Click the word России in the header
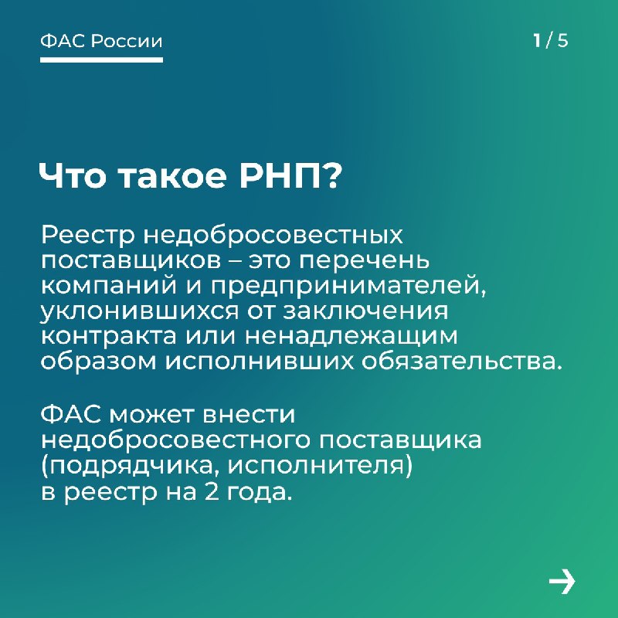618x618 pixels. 127,41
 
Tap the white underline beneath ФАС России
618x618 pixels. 101,60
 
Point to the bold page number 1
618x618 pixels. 537,40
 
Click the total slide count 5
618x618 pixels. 562,41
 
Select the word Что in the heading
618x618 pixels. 73,175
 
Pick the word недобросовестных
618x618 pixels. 273,236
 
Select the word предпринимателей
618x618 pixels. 348,287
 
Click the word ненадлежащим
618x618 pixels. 351,338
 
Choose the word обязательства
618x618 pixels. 461,362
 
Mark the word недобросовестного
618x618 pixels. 175,440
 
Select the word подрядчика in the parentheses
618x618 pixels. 131,467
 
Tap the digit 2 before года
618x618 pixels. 211,491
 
